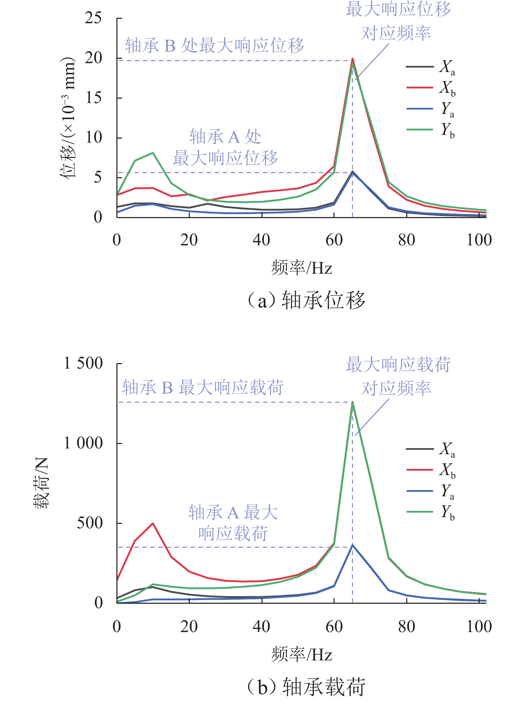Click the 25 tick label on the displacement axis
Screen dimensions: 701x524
click(93, 18)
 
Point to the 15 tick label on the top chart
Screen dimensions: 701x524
click(93, 98)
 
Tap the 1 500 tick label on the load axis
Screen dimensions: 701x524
click(83, 363)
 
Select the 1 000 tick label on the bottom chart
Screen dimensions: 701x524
click(83, 443)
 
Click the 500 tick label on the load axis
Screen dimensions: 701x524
click(90, 523)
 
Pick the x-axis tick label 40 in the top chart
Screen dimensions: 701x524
click(261, 240)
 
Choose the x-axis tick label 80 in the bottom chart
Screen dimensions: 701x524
click(407, 627)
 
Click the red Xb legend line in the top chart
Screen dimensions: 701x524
click(420, 88)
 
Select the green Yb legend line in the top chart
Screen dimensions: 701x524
click(420, 129)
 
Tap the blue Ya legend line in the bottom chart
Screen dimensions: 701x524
click(420, 491)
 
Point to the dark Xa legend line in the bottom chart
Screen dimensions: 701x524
click(420, 448)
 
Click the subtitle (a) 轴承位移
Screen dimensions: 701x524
click(306, 301)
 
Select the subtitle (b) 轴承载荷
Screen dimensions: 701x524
click(306, 687)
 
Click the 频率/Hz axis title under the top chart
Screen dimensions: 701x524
click(302, 268)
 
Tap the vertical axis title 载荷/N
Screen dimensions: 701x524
click(42, 483)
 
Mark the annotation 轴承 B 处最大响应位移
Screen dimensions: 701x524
click(214, 46)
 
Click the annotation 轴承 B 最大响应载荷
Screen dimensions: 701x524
click(203, 388)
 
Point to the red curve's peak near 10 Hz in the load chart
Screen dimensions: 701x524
click(153, 523)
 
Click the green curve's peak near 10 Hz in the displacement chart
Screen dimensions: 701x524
click(153, 153)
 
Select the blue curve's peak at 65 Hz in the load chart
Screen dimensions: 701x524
click(353, 545)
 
